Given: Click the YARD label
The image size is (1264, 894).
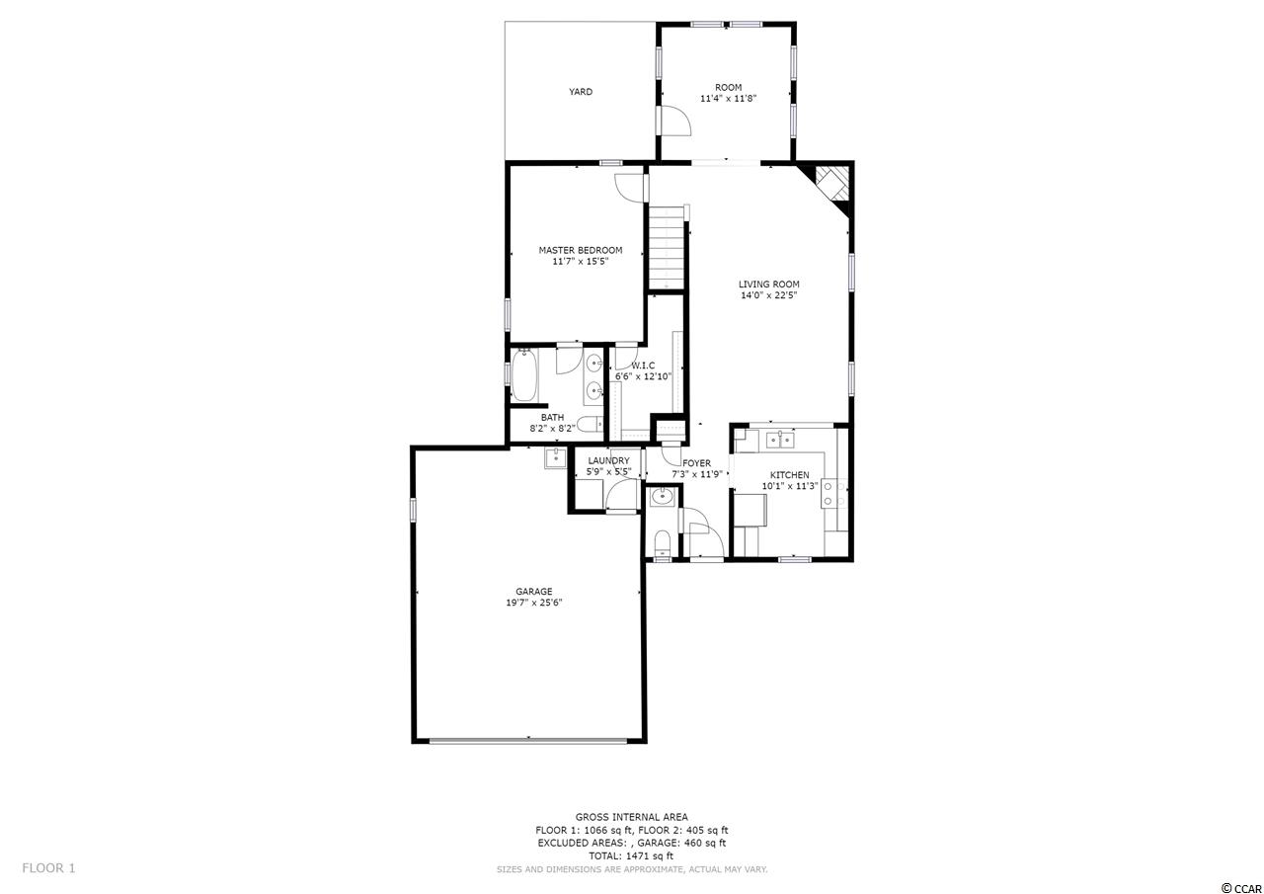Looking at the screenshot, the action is (580, 92).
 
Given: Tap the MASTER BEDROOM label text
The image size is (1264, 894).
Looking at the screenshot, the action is (580, 250).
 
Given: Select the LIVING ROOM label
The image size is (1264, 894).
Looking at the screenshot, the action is (768, 284).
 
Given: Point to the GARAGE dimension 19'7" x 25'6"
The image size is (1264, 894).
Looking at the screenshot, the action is (534, 603).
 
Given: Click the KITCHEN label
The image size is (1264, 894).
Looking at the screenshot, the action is (789, 474).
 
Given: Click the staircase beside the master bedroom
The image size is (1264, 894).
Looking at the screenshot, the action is (667, 248).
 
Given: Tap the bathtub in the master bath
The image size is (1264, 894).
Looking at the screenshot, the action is (524, 374).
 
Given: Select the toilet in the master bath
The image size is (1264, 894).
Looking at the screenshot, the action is (590, 424).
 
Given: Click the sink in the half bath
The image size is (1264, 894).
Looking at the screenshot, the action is (661, 497).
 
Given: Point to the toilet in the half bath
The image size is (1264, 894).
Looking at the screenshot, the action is (662, 543).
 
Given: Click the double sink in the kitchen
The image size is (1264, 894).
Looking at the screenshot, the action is (780, 439).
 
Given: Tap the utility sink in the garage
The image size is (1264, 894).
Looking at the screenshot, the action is (555, 457).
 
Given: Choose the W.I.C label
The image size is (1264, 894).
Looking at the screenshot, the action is (643, 366).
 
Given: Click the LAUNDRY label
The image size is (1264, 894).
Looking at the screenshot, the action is (608, 460).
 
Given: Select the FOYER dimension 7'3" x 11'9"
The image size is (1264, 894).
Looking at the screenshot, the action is (697, 474).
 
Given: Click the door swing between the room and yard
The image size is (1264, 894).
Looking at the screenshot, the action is (675, 121).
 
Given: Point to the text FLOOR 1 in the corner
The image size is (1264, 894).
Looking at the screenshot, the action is (48, 868).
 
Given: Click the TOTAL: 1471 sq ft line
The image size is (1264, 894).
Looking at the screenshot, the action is (632, 855).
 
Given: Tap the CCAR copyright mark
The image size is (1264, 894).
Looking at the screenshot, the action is (1240, 888).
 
